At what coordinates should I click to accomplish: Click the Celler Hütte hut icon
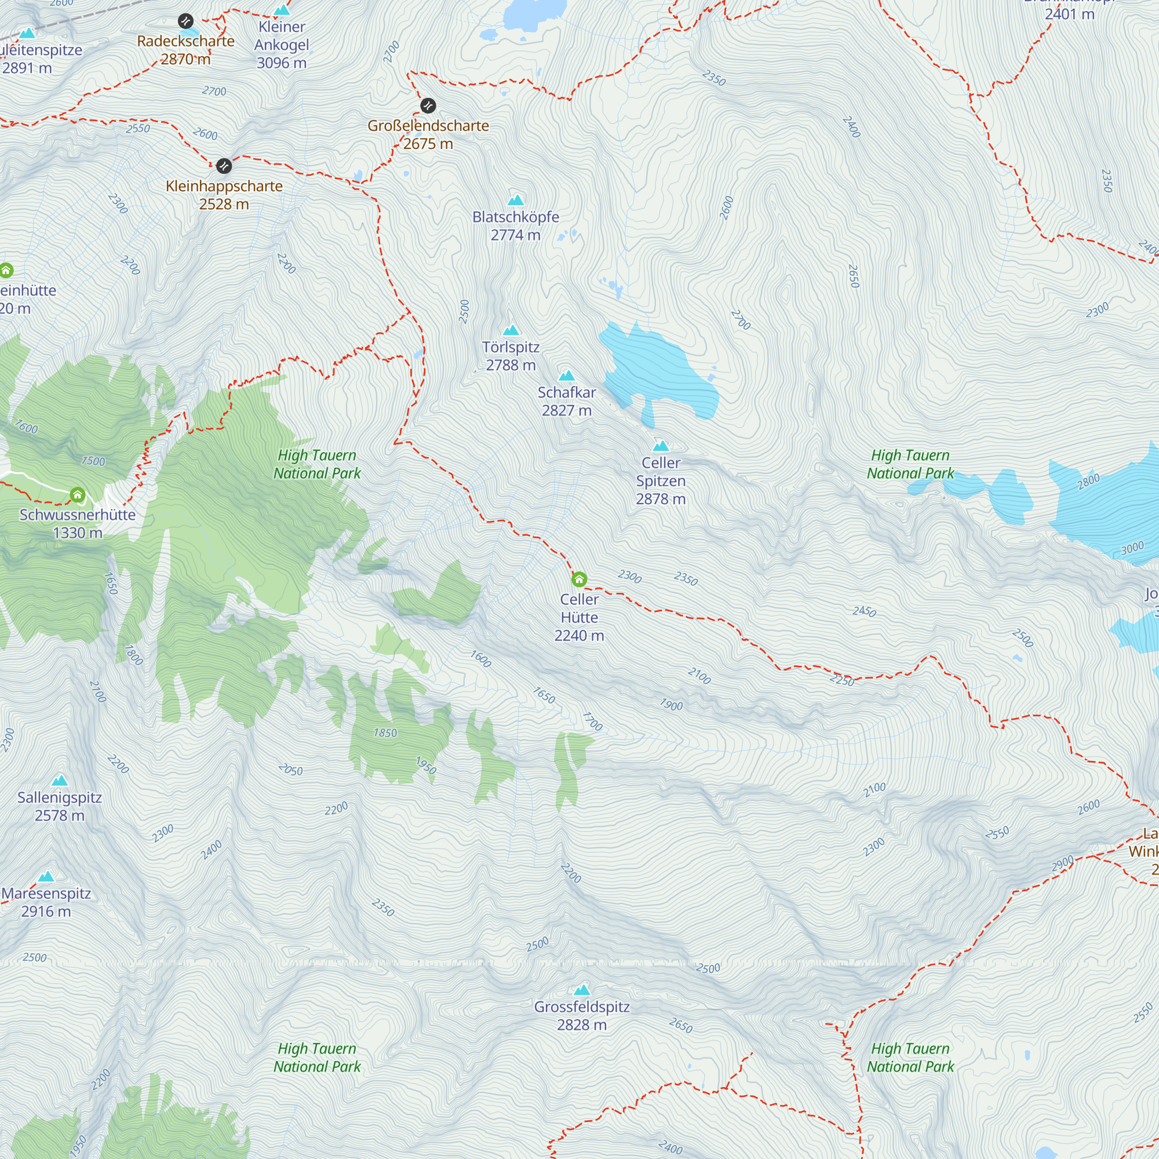579,579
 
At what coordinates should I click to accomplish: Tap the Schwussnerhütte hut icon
78,495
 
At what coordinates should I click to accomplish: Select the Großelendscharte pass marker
428,106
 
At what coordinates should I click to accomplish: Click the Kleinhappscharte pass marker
224,166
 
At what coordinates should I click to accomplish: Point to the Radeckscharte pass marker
186,21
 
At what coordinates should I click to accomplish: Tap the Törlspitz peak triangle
511,330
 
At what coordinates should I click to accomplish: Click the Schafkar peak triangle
567,376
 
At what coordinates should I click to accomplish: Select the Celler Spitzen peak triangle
661,446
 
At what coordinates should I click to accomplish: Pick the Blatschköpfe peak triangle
516,201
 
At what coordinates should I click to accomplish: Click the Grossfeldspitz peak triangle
582,990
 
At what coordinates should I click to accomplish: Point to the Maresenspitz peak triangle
46,877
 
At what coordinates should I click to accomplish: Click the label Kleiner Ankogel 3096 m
282,45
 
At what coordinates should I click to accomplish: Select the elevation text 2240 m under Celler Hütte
579,635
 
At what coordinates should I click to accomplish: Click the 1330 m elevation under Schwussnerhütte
78,533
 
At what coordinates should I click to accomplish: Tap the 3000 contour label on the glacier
1132,548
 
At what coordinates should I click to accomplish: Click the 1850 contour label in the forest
385,732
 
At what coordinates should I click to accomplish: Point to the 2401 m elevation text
1070,14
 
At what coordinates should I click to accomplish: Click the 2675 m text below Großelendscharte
428,144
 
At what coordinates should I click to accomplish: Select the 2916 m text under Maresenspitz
46,911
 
